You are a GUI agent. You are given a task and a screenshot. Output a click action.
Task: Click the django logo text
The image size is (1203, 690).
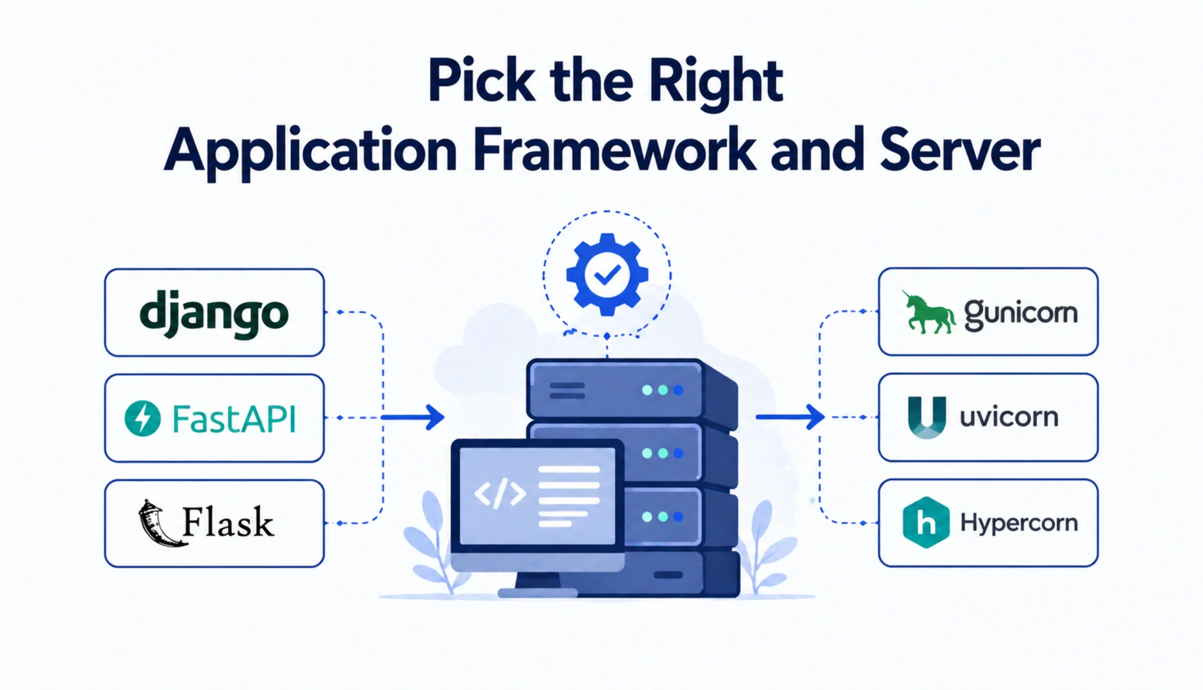[x=214, y=314]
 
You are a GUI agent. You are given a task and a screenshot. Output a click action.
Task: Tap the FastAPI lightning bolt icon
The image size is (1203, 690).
[x=142, y=418]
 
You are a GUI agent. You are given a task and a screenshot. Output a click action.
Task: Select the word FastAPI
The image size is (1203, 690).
[x=234, y=419]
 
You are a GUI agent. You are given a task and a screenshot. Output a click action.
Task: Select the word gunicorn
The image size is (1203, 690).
[x=1021, y=313]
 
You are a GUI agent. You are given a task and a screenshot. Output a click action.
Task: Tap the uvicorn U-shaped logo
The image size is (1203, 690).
[x=927, y=417]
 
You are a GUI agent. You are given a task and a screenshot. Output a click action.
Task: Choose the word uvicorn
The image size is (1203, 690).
[x=1008, y=418]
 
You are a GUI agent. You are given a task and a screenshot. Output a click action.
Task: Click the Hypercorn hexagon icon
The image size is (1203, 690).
[x=926, y=522]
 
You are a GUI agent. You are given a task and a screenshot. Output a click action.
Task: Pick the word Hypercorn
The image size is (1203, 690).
[x=1019, y=523]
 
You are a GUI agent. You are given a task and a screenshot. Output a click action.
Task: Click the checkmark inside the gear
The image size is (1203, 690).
[x=608, y=275]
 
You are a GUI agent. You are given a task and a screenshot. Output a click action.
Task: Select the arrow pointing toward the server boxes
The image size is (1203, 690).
[x=791, y=417]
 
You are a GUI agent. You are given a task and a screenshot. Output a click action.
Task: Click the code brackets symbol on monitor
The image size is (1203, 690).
[x=500, y=494]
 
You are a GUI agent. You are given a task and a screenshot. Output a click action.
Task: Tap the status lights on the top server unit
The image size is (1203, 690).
[x=662, y=390]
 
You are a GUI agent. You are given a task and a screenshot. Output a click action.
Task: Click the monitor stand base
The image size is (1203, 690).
[x=538, y=592]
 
